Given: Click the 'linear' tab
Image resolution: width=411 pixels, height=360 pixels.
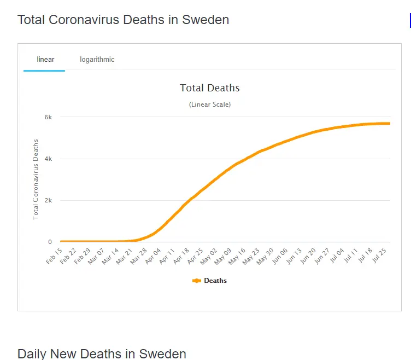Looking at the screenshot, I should (45, 59).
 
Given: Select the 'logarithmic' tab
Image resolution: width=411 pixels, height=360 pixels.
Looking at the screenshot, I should (97, 59).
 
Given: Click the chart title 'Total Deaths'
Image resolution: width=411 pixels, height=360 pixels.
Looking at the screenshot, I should (210, 88).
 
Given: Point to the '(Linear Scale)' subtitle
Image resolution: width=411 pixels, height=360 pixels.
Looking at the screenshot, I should (210, 104).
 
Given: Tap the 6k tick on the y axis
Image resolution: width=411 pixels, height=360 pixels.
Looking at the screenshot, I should (48, 117).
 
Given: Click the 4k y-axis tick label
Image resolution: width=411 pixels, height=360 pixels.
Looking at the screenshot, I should (48, 159).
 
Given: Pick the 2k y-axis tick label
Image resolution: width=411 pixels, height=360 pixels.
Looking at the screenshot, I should (48, 200).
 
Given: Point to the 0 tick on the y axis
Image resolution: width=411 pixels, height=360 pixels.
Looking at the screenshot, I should (50, 242).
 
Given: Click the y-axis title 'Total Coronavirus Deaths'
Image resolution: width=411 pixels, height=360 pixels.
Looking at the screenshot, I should (36, 179).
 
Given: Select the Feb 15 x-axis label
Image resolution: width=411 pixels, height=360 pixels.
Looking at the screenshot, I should (54, 256).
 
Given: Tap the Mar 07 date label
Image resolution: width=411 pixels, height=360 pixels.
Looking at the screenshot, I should (96, 256).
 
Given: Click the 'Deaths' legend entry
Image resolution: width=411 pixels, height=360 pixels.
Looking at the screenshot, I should (215, 281).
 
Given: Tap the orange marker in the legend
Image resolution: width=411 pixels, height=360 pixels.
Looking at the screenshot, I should (197, 281).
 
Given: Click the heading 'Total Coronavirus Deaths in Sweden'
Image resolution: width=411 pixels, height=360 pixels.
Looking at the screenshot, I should (123, 20).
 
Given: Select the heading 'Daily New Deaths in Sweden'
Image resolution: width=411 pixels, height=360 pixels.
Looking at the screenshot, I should (102, 353).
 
